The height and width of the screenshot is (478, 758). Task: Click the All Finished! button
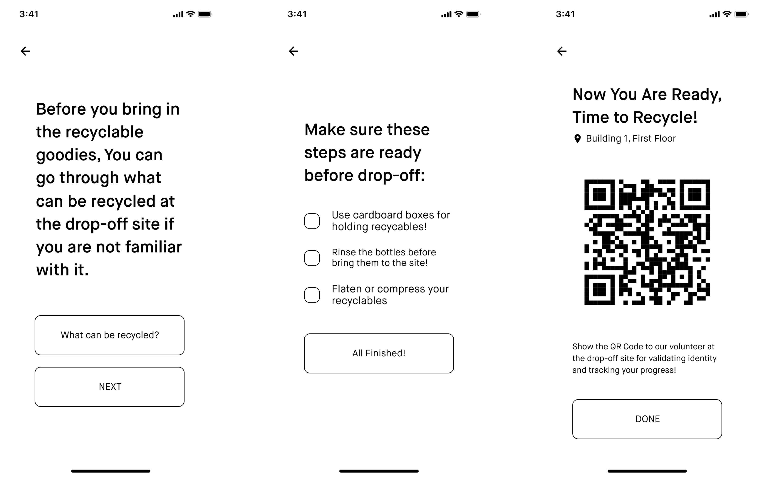[379, 353]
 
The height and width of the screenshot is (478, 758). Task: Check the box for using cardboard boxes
[312, 221]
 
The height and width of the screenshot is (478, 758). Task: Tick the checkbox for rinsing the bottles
[312, 258]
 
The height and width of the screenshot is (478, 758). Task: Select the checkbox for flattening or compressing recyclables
[312, 295]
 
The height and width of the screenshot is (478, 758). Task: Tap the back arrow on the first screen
[25, 51]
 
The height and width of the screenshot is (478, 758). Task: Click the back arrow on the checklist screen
[293, 51]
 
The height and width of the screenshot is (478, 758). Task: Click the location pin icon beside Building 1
[577, 139]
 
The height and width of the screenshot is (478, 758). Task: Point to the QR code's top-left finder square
[599, 195]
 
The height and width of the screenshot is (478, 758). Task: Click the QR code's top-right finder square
[695, 195]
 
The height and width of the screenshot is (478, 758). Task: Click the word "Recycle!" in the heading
[665, 117]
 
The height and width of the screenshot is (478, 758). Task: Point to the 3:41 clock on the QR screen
[565, 14]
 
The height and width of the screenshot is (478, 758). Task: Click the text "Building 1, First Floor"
[630, 138]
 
